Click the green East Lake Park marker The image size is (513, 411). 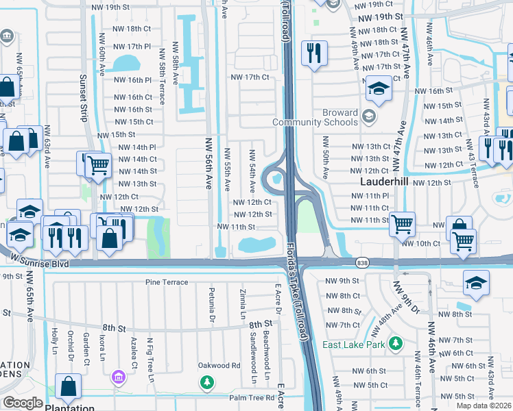tap(395, 342)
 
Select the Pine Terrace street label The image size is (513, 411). tap(166, 282)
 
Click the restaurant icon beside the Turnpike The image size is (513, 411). tap(314, 53)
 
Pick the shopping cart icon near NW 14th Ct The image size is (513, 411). tap(98, 164)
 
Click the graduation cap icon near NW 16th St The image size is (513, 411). tap(378, 89)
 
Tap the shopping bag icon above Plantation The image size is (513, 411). tap(69, 389)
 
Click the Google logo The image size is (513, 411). tap(23, 402)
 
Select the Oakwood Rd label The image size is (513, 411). tap(219, 365)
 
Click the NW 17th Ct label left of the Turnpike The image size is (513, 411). tap(250, 77)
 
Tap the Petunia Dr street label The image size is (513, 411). tap(211, 305)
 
